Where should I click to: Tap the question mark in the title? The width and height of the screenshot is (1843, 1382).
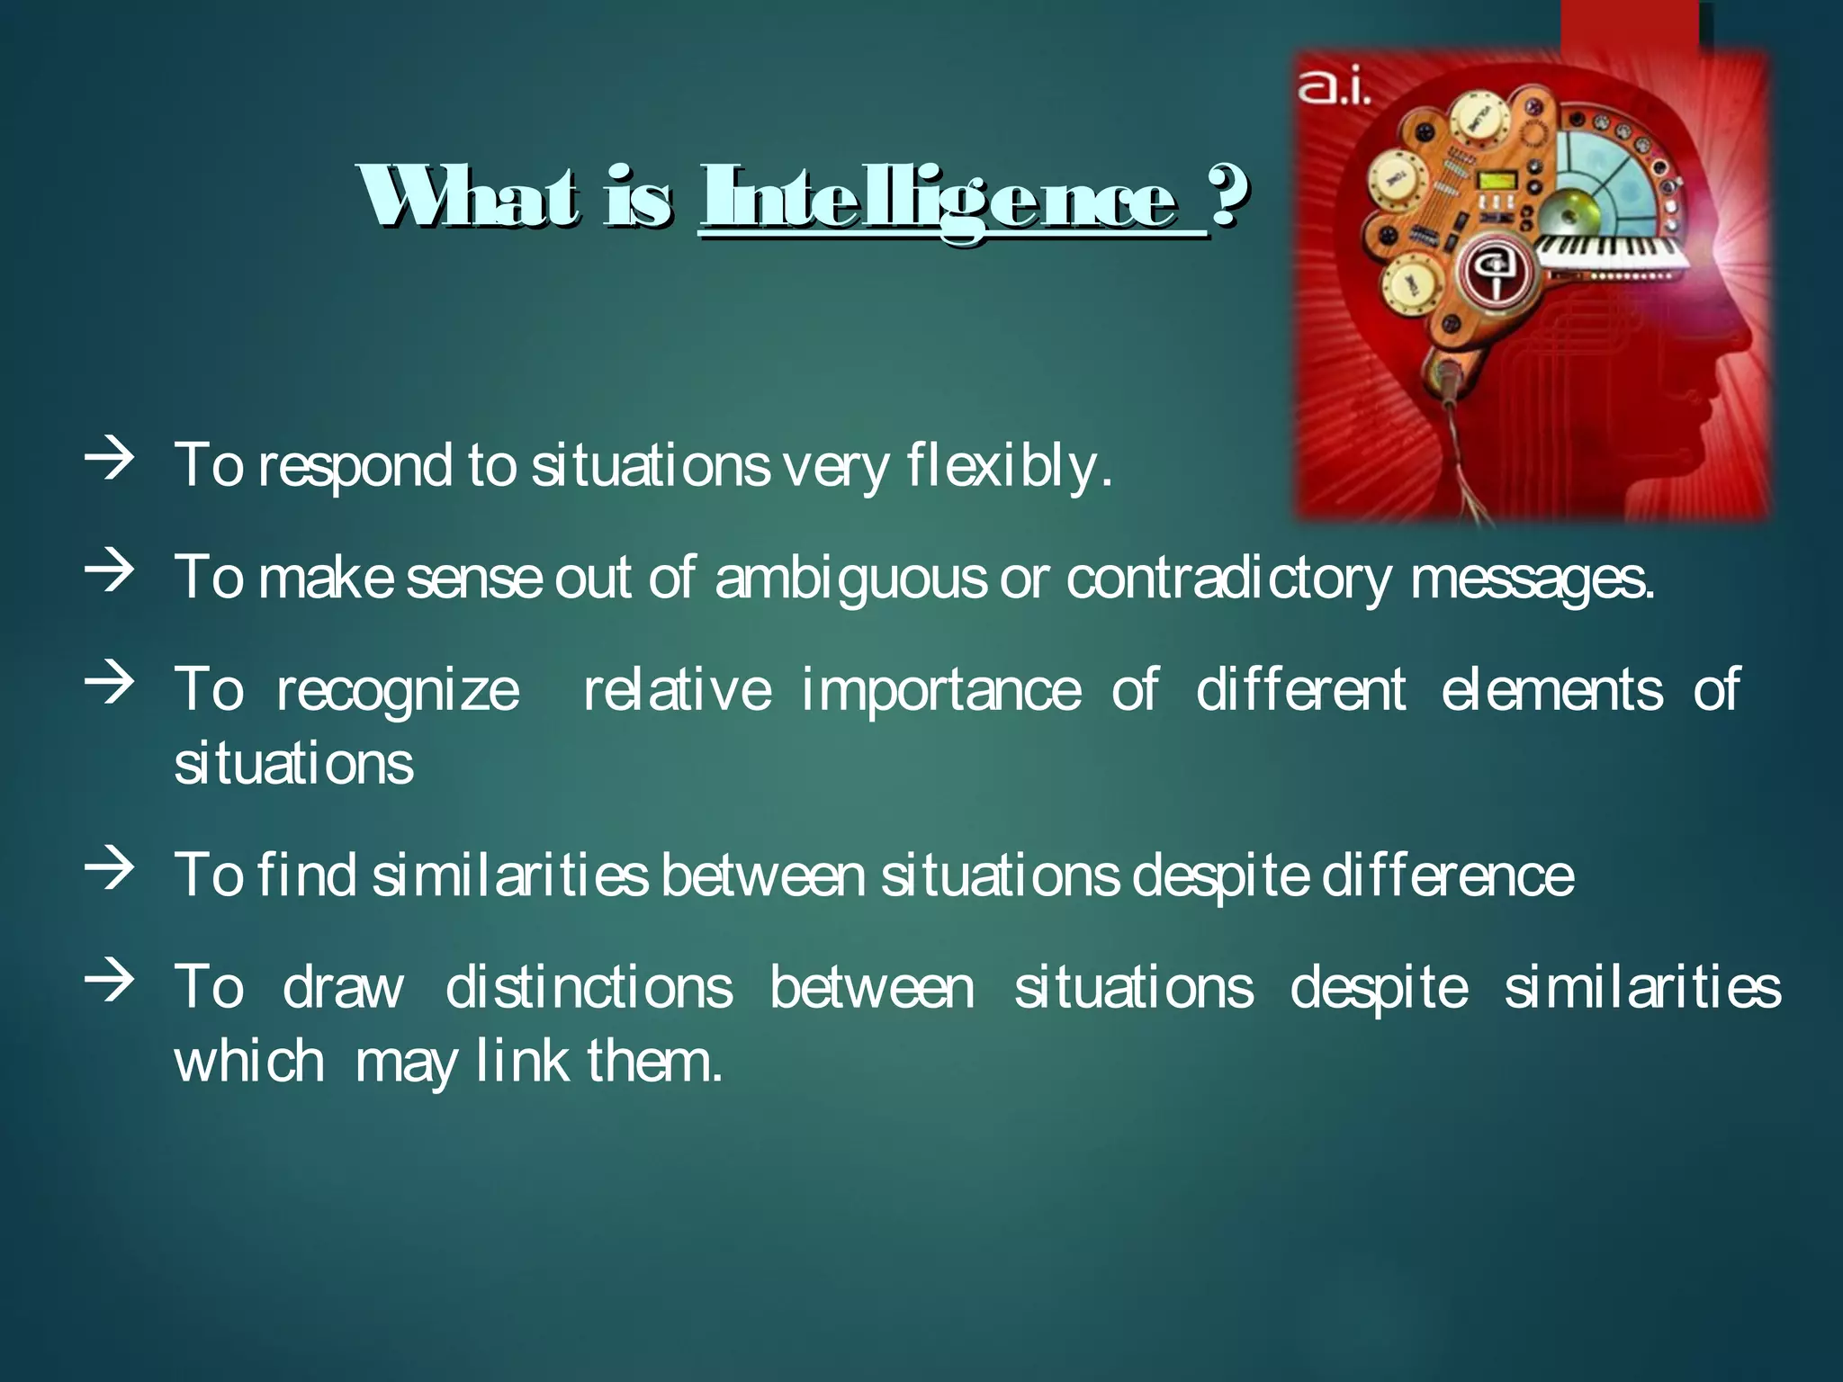1229,196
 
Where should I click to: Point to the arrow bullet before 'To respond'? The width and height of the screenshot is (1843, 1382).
109,460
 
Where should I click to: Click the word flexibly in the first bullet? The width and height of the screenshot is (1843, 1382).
1009,466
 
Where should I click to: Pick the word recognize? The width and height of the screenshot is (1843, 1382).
398,691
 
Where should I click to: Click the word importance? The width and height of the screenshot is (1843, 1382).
941,691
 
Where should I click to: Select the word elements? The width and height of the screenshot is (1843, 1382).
1551,691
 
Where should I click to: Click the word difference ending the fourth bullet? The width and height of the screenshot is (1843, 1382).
1448,875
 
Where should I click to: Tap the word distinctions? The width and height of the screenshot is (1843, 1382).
589,987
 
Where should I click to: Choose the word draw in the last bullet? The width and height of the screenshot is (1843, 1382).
343,987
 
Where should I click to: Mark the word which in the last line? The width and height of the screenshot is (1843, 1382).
249,1061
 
